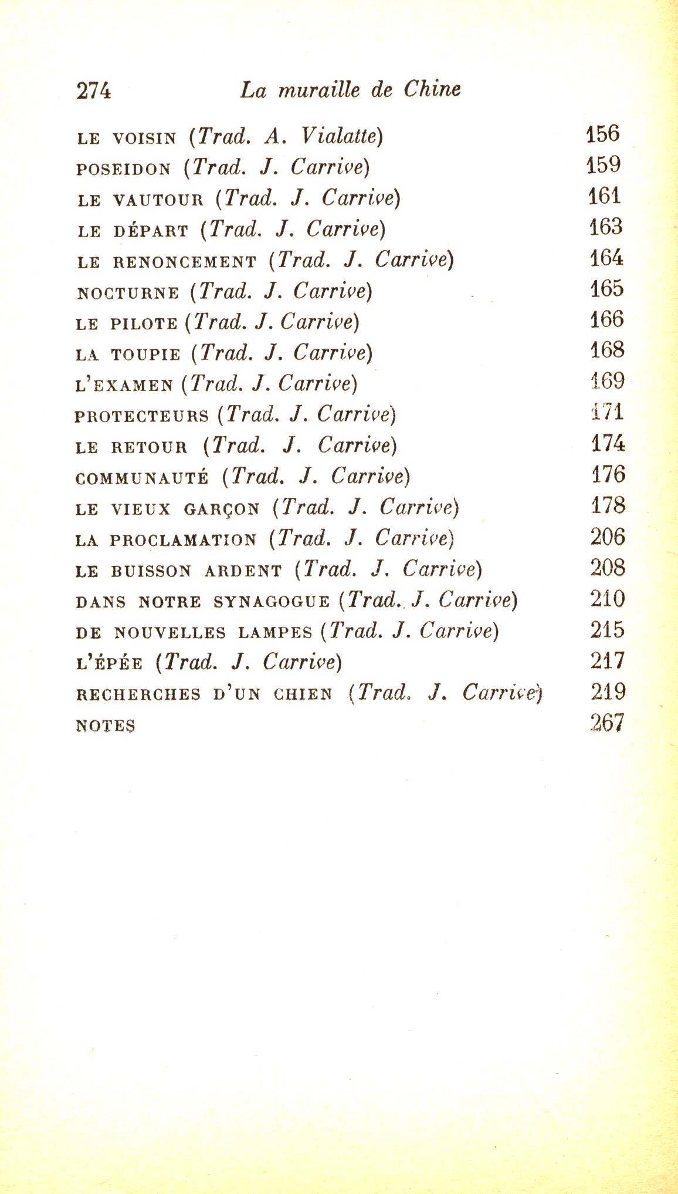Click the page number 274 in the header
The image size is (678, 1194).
93,91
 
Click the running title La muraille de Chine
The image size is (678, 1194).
350,90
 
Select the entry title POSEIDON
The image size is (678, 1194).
123,169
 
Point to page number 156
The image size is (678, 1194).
603,134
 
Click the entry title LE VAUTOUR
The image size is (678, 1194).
140,200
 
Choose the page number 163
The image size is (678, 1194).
606,227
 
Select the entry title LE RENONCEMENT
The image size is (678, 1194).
167,262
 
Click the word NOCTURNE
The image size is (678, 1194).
127,292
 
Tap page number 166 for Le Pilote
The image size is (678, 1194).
606,320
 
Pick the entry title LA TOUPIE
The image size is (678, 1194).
128,355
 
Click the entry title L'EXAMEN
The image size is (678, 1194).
124,386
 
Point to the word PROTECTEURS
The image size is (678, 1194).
141,417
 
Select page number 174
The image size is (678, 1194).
608,443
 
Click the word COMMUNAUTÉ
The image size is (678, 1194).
142,478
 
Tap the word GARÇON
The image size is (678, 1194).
221,509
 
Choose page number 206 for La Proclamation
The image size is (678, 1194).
608,537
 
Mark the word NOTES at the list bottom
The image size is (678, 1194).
106,726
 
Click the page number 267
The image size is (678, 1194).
608,723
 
